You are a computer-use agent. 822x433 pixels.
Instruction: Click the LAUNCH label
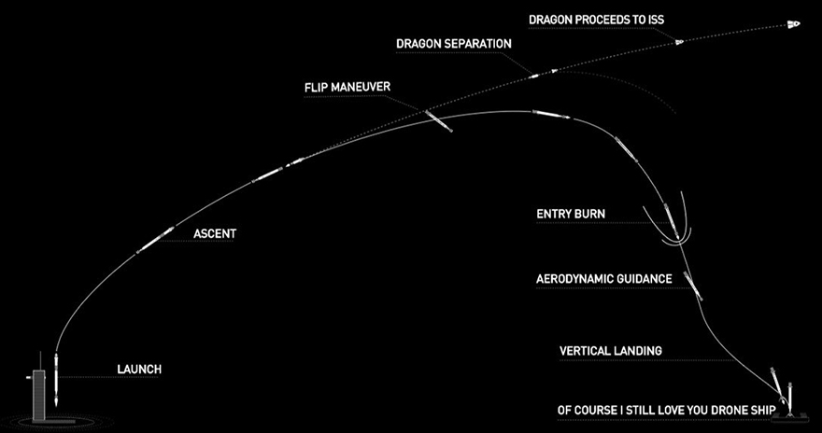[x=139, y=370]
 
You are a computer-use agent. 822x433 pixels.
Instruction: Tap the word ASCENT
[x=214, y=234]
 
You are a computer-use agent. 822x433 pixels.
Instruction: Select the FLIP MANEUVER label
[x=347, y=88]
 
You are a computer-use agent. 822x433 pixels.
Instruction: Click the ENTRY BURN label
[x=570, y=214]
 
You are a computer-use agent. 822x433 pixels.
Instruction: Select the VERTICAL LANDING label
[x=610, y=351]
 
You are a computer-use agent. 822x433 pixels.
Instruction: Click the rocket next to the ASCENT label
[x=155, y=238]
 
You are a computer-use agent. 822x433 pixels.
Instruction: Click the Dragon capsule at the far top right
[x=794, y=23]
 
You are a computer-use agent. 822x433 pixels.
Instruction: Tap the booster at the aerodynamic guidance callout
[x=691, y=282]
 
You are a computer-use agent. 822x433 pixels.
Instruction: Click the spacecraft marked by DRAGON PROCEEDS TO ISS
[x=680, y=41]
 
